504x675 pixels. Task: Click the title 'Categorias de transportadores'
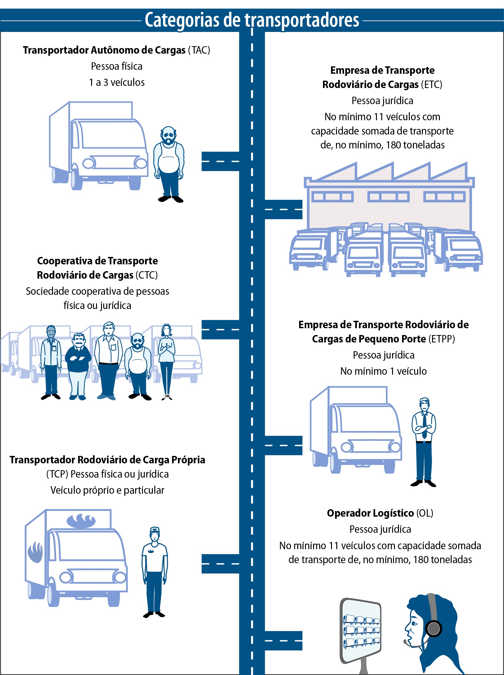click(252, 20)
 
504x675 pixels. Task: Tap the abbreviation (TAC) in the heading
click(199, 50)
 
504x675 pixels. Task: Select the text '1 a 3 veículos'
click(117, 82)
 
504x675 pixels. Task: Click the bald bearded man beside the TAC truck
click(169, 164)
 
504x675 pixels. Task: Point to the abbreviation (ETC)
click(431, 85)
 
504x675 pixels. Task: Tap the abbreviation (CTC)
click(147, 275)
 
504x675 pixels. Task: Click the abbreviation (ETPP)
click(442, 339)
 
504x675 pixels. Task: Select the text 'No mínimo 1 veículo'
click(383, 371)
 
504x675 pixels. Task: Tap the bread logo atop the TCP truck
click(81, 521)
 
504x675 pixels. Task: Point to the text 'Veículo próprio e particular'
click(107, 490)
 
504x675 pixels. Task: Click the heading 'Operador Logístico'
click(370, 513)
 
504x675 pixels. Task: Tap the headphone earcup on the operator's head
click(433, 629)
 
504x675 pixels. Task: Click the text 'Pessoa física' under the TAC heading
click(117, 66)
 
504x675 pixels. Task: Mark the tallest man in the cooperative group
click(107, 361)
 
